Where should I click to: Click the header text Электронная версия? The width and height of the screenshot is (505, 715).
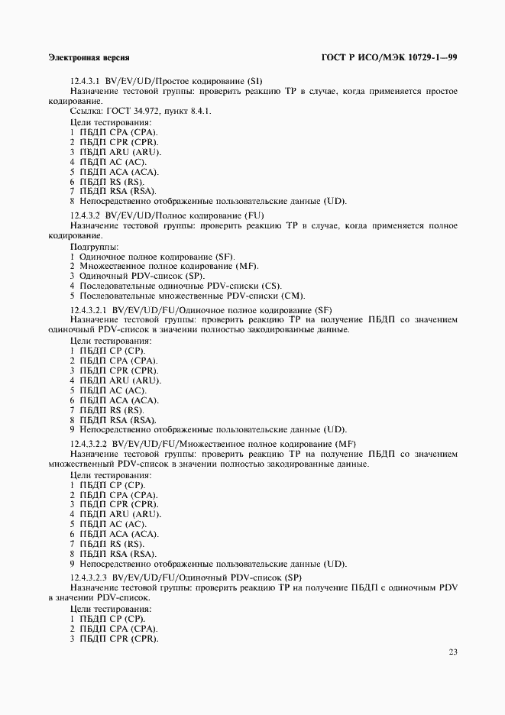[88, 58]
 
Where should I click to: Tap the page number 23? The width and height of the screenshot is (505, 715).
[453, 652]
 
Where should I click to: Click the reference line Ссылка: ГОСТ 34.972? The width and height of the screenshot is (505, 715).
[141, 111]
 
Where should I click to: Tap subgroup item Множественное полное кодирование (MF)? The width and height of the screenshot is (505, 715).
[164, 266]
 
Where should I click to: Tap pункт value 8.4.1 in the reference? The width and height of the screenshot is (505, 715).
[200, 111]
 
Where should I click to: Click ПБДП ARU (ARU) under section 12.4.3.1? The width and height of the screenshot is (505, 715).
[115, 151]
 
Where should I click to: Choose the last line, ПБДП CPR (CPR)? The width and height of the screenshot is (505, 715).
[115, 638]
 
